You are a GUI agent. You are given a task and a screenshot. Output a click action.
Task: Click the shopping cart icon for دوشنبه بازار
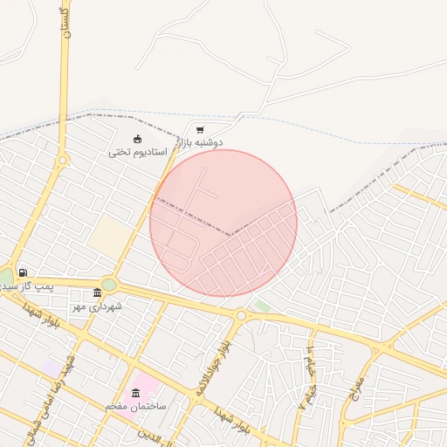200,129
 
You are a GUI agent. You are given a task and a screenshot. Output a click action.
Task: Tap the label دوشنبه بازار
201,141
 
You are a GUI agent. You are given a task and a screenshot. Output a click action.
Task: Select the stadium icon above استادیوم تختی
137,139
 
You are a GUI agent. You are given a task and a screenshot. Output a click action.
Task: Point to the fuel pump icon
22,272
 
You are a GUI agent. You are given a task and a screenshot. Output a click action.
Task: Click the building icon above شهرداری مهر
97,293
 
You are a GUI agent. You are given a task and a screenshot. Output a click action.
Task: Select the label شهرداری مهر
98,306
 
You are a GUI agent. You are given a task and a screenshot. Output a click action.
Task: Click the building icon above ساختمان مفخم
135,394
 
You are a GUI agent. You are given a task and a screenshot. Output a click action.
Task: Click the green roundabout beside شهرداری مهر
108,284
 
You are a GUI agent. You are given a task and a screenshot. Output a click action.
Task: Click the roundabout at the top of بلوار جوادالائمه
241,314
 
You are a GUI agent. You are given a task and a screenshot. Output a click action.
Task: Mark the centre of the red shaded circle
223,223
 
